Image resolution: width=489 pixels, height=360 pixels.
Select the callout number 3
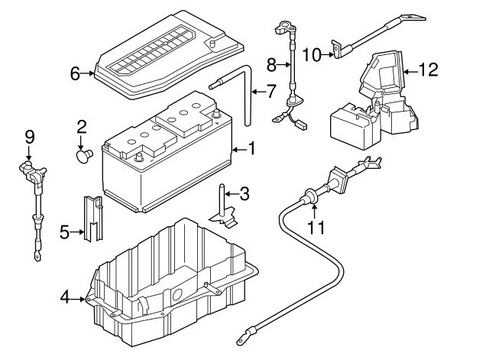click(244, 193)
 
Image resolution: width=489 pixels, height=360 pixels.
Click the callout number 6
click(75, 74)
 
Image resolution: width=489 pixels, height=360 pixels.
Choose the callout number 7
click(271, 92)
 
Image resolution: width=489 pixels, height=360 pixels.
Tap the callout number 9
click(30, 138)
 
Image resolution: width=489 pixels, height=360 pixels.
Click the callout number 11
click(316, 226)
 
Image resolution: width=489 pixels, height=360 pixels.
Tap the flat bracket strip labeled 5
click(92, 219)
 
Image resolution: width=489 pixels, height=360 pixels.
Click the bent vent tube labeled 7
click(246, 96)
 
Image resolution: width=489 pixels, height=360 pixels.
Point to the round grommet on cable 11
click(309, 196)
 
